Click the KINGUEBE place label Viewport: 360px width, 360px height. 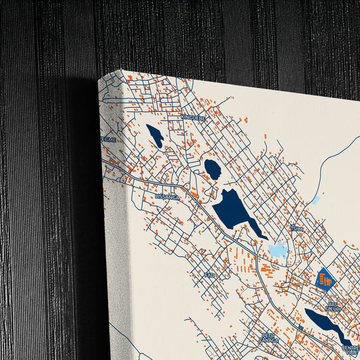(x=192, y=117)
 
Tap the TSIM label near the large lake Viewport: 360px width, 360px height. (x=295, y=228)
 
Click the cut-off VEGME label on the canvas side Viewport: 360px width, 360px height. (x=108, y=139)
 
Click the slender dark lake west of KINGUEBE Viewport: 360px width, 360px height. (x=155, y=136)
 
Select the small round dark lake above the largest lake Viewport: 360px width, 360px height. (x=213, y=169)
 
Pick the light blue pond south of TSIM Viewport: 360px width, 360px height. (x=278, y=250)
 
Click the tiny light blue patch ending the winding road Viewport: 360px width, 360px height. (x=315, y=201)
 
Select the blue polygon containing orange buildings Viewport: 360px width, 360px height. (x=326, y=278)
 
